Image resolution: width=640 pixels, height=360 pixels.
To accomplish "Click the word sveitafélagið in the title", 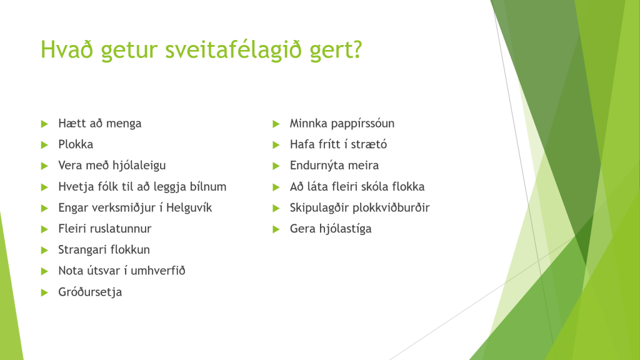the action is tap(233, 50).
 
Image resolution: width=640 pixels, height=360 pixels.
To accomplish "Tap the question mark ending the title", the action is tap(356, 48).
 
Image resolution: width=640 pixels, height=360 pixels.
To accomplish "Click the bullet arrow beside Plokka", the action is tap(44, 144).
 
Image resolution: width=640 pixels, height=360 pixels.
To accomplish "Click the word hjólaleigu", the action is tap(141, 166).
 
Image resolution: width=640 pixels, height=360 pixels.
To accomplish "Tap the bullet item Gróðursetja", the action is tap(90, 292).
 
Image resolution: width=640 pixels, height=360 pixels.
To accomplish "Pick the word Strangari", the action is tap(81, 250).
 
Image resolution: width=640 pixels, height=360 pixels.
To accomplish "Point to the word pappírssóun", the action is tap(363, 124).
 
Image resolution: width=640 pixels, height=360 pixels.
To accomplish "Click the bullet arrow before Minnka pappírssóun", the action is tap(276, 124).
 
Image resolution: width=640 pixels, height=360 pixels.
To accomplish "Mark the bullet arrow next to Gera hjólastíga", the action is tap(276, 229).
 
